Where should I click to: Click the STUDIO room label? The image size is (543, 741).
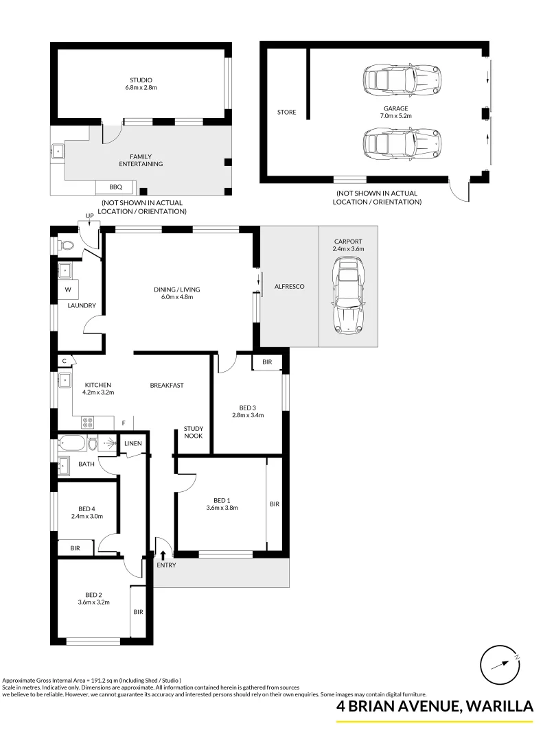[x=141, y=80]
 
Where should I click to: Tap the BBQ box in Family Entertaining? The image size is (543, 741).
[x=115, y=187]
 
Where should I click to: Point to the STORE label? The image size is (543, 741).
[x=286, y=113]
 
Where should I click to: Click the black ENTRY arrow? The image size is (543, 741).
[x=163, y=554]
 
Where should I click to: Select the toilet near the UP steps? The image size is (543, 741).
[x=67, y=244]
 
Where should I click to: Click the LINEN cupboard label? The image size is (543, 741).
[x=133, y=444]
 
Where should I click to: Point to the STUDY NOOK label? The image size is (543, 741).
[x=193, y=432]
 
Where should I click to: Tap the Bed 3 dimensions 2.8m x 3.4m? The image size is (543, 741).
[x=247, y=415]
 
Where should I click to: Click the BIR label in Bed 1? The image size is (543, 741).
[x=275, y=504]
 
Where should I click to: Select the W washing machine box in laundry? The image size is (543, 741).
[x=68, y=290]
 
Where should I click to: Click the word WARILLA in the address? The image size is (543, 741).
[x=496, y=706]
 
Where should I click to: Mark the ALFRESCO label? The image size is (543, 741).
[x=289, y=287]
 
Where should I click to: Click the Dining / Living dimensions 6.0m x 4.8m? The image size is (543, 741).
[x=177, y=297]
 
